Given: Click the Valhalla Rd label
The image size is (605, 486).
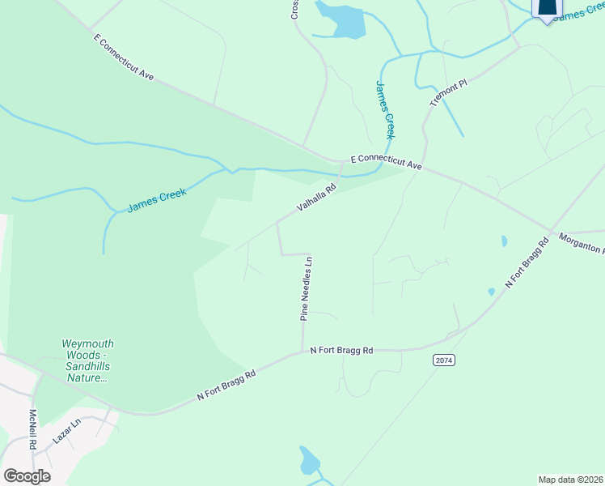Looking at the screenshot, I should tap(316, 197).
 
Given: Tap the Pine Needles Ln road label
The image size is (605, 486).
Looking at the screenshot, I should tap(306, 289).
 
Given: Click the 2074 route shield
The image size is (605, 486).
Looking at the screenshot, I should tap(441, 360).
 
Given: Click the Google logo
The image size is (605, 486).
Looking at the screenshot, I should tap(27, 475).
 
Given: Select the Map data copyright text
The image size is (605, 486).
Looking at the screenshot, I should tap(571, 479).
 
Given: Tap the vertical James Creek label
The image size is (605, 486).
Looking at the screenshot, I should tap(385, 110).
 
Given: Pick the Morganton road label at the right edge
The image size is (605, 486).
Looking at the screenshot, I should tap(581, 244).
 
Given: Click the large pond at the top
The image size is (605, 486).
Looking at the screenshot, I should tap(344, 19).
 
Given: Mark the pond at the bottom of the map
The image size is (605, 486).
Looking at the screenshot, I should tap(308, 461).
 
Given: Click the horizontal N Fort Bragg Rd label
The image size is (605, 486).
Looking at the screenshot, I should tap(341, 351).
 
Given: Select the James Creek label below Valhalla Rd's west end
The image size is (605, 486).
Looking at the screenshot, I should tap(156, 201).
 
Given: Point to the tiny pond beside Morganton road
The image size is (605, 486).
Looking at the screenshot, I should tap(504, 241).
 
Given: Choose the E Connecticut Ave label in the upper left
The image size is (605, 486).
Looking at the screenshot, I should tap(123, 58).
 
